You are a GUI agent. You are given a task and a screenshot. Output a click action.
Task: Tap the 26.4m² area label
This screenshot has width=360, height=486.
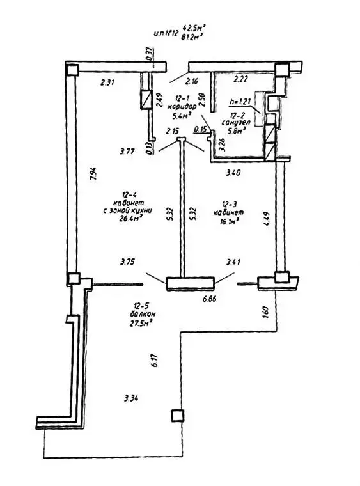pos(130,216)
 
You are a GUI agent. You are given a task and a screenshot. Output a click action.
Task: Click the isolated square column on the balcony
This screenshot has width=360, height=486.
pos(176,416)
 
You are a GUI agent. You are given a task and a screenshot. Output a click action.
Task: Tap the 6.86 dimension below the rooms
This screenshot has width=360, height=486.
pos(212,299)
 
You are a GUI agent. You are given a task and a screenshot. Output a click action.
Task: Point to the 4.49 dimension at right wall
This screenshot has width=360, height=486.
pos(264,224)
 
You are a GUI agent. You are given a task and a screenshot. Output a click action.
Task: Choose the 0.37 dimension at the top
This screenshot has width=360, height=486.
pos(148,55)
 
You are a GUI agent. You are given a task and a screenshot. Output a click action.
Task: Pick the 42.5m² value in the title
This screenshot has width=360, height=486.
pos(193,27)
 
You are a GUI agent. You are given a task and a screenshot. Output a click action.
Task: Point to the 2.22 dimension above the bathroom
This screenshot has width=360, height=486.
pos(240,80)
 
